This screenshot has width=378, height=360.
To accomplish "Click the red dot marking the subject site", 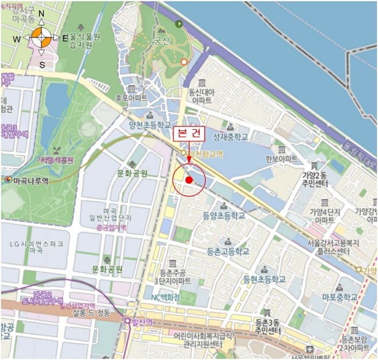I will click(x=188, y=180).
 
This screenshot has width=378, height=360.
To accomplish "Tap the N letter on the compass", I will click(x=42, y=14).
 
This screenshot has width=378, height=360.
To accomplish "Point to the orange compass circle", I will click(x=42, y=38).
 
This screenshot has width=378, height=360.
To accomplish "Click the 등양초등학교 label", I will click(x=224, y=215).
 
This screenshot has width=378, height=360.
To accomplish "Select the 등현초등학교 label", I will click(x=264, y=279).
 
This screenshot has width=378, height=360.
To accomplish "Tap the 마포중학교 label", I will click(x=340, y=297).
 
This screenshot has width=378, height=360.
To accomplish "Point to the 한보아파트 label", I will click(x=281, y=159).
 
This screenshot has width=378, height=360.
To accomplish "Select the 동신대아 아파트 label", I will click(x=201, y=96).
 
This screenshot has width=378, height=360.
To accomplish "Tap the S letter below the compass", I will click(x=42, y=64).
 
